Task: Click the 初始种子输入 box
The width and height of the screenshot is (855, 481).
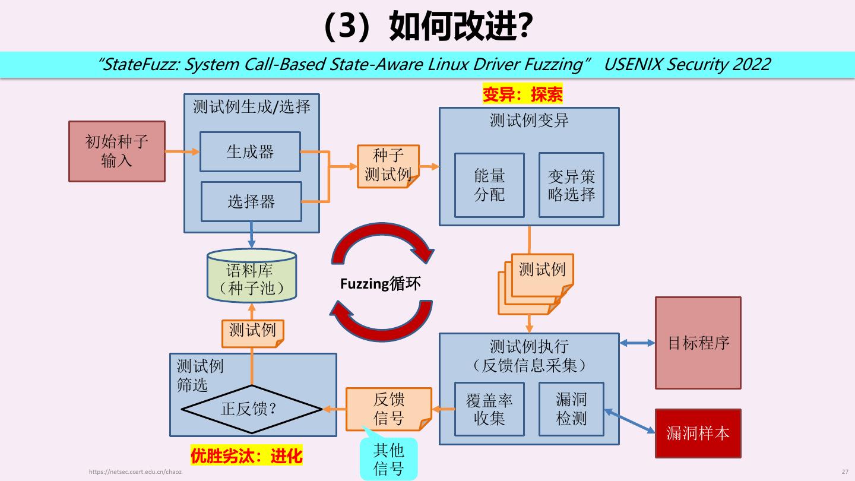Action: pos(117,151)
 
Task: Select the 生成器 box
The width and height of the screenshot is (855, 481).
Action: pos(250,152)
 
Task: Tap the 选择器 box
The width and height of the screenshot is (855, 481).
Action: pos(251,201)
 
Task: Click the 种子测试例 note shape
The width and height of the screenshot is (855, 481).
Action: pos(388,166)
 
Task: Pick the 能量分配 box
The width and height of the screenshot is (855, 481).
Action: pos(489,185)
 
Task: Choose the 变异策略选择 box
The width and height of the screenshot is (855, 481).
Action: pos(571,185)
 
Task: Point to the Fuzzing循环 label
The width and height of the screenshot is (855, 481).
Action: pos(380,283)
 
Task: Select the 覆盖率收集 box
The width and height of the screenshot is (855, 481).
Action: pos(489,410)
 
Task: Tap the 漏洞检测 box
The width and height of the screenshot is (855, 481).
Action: pos(571,410)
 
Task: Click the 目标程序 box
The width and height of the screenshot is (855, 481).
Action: pos(698,343)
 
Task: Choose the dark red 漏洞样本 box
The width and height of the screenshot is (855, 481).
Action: pos(698,433)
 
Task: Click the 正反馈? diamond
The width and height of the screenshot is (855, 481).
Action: pos(252,409)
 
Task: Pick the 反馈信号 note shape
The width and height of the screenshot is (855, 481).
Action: pos(389,409)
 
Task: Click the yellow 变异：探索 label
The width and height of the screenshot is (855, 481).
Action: pos(522,94)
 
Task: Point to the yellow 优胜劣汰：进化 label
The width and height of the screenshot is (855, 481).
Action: pos(246,455)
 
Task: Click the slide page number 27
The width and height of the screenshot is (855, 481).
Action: pos(845,471)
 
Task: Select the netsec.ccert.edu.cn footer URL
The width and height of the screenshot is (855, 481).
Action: pos(135,471)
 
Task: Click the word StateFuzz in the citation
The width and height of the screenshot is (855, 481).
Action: pos(141,64)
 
